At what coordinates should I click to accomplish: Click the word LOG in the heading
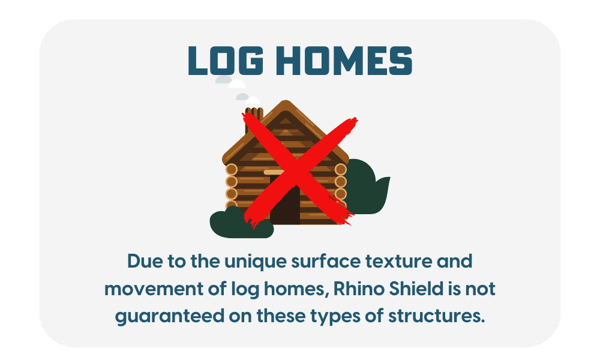[x=226, y=61]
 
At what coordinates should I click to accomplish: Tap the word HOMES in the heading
[x=344, y=61]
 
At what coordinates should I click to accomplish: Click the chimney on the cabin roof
[x=254, y=119]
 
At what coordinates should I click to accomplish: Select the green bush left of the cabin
[x=241, y=223]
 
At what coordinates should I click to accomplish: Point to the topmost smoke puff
[x=224, y=80]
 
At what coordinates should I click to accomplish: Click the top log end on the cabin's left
[x=231, y=169]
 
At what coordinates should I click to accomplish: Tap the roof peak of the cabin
[x=286, y=102]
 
